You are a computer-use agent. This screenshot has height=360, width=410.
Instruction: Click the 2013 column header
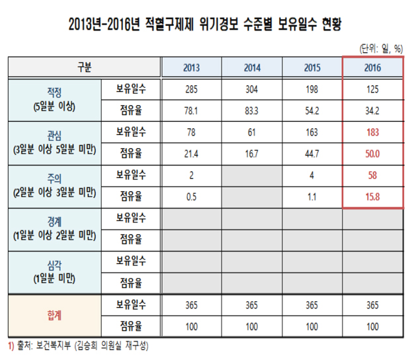tap(192, 67)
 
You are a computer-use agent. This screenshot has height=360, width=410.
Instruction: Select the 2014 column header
tap(252, 67)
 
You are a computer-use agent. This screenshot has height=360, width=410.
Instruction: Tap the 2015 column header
tap(312, 67)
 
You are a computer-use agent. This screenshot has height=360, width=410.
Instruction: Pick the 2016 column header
tap(372, 67)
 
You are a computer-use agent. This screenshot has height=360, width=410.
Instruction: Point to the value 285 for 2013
tap(192, 89)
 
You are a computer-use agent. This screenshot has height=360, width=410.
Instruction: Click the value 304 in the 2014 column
tap(252, 89)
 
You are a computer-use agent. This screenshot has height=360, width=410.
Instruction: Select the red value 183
tap(372, 132)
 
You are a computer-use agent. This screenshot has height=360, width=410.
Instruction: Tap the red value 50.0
tap(372, 154)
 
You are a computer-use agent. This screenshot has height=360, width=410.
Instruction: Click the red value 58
tap(372, 175)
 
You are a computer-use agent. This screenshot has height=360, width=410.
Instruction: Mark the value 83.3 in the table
tap(252, 111)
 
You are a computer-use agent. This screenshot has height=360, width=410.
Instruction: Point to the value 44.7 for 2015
tap(312, 154)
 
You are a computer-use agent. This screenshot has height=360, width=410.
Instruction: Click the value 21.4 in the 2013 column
tap(192, 154)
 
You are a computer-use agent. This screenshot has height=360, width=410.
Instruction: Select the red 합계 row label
tap(54, 317)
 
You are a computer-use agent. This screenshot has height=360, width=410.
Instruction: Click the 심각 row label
tap(54, 263)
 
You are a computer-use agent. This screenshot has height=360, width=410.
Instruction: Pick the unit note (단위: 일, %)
tap(381, 48)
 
